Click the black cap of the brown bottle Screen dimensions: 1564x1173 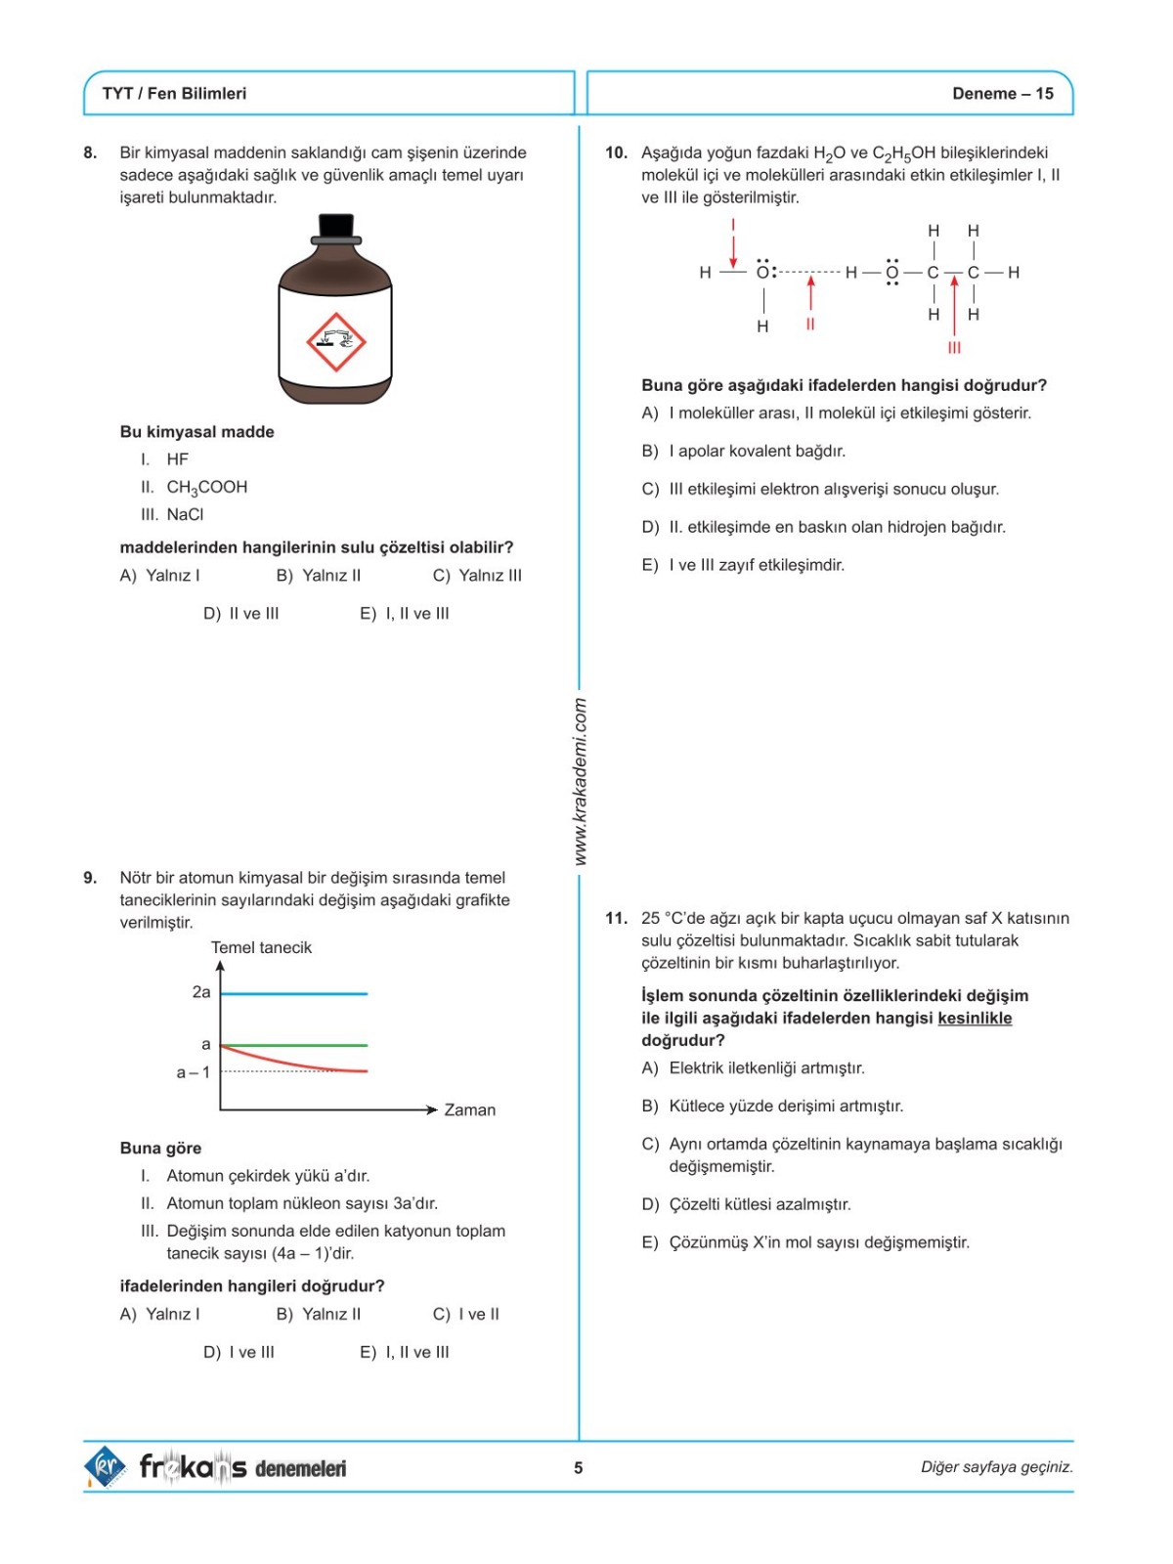[335, 227]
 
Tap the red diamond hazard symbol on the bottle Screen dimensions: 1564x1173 [335, 342]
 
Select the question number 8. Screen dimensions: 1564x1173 [90, 152]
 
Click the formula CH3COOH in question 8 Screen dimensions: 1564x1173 [206, 487]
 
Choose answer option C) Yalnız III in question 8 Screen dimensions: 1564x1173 [477, 576]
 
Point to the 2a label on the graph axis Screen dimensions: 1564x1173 [201, 992]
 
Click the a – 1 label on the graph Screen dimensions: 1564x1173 [193, 1072]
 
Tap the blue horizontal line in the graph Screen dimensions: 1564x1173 [293, 993]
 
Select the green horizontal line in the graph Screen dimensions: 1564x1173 [293, 1045]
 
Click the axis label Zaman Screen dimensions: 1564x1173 [469, 1110]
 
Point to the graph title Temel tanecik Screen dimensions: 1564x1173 [261, 947]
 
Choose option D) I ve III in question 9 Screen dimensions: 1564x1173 [239, 1353]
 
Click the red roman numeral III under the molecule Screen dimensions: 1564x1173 [954, 348]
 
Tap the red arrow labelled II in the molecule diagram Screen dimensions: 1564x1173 [810, 293]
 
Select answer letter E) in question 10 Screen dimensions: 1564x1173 [650, 565]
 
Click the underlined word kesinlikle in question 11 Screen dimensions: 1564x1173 [975, 1019]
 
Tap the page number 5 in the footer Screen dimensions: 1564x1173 [579, 1467]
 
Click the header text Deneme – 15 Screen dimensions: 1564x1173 [1002, 94]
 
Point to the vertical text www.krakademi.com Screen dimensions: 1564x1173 [580, 780]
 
